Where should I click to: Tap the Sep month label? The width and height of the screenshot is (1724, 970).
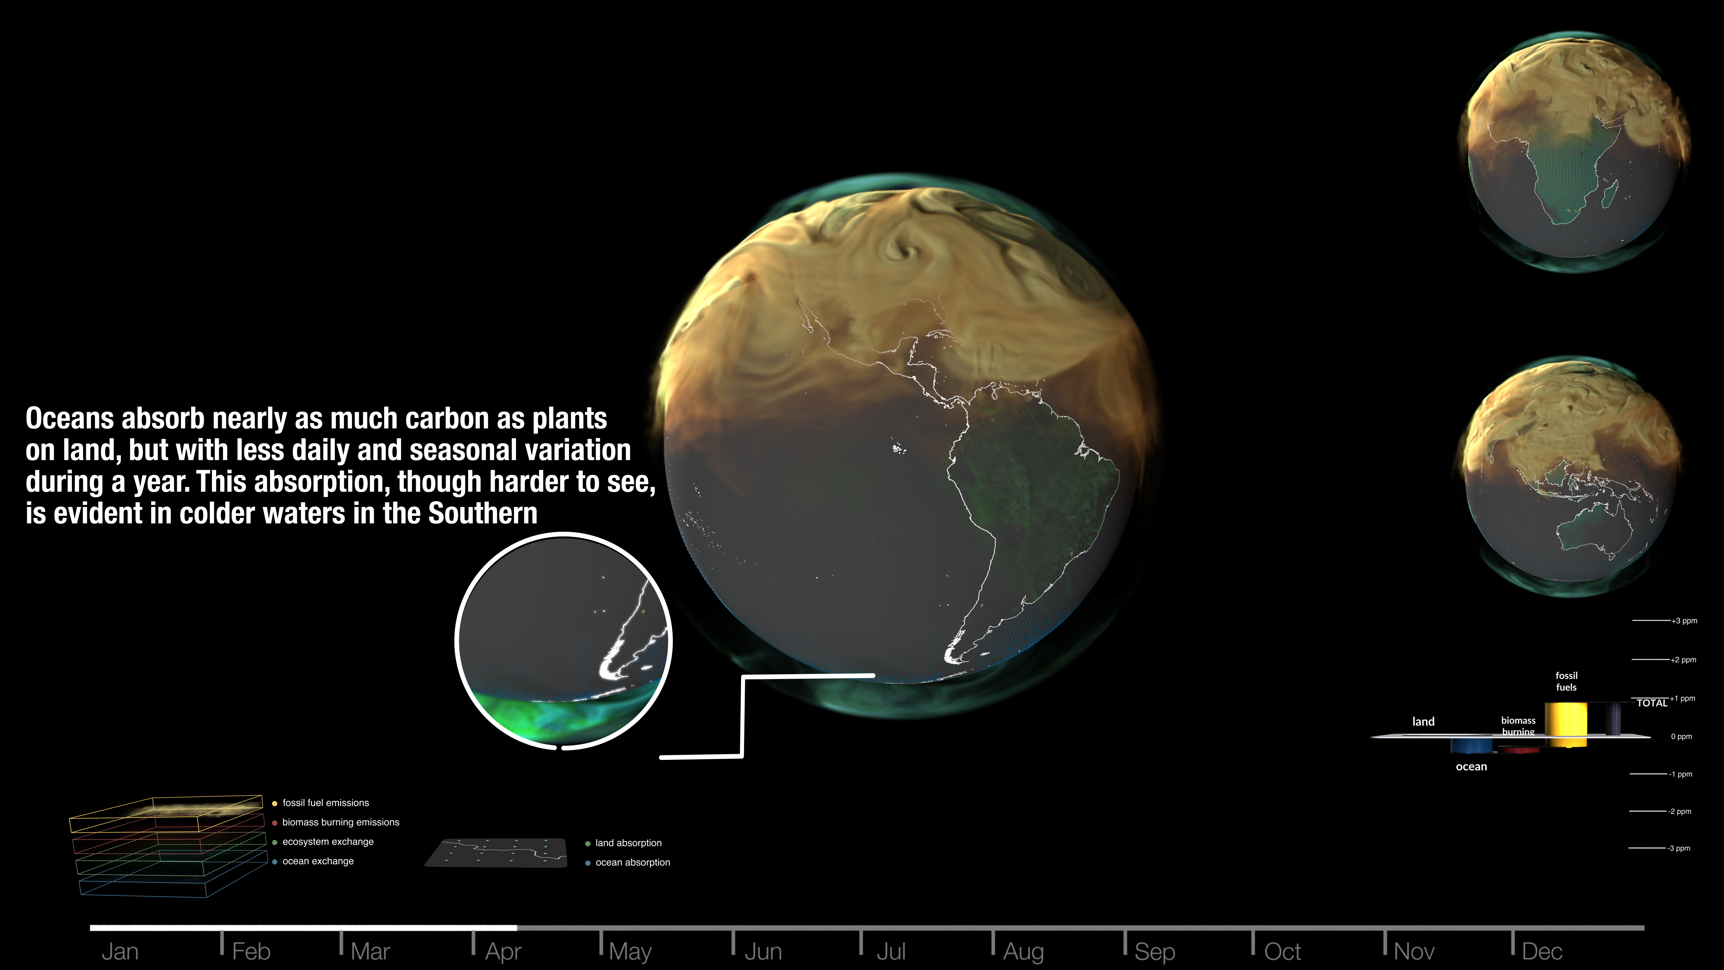tap(1154, 951)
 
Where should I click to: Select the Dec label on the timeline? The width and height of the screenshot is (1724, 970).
tap(1542, 951)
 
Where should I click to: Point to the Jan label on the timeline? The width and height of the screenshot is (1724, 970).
tap(120, 951)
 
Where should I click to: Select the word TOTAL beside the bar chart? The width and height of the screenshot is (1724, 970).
tap(1652, 703)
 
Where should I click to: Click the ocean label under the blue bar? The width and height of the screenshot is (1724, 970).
tap(1471, 766)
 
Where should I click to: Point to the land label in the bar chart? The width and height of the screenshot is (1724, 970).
tap(1423, 721)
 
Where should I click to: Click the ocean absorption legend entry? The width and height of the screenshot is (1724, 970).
tap(628, 862)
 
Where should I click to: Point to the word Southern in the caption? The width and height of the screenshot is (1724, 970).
tap(482, 513)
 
